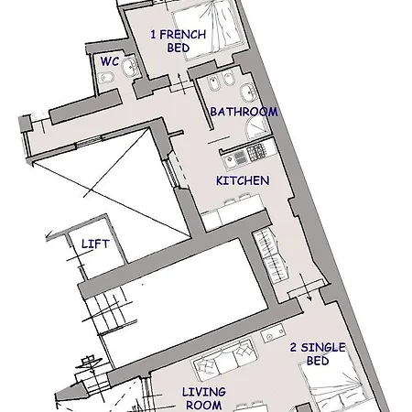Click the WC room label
point(110,61)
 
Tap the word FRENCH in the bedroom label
point(183,35)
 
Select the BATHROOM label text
point(244,112)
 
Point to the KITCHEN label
point(243,180)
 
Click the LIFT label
point(95,244)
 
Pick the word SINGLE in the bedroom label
point(323,347)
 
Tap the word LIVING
point(204,392)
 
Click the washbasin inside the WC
point(131,66)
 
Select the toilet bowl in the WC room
point(106,78)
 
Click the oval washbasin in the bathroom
point(248,92)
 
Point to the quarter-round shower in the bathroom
point(257,128)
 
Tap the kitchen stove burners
point(256,152)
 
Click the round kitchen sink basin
point(229,158)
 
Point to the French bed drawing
point(209,29)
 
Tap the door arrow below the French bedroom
point(182,83)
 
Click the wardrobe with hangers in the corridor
point(271,255)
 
